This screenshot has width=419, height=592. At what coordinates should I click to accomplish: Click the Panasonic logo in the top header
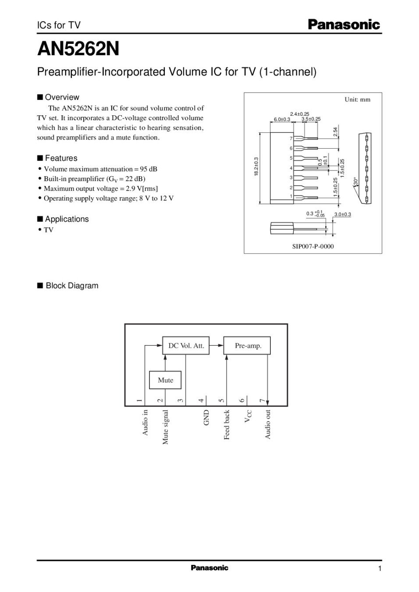[344, 25]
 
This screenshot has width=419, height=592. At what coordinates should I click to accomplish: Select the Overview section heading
[62, 97]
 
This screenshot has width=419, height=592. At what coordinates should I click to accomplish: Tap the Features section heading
[61, 158]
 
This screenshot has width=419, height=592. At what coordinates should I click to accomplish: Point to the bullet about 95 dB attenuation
[100, 169]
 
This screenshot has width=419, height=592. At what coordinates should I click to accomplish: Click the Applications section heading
[67, 219]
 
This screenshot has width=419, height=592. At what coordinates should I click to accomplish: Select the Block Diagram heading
[72, 286]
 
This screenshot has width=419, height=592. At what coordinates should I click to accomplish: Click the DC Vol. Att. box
[186, 346]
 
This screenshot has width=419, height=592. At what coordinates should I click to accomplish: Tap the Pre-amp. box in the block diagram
[248, 346]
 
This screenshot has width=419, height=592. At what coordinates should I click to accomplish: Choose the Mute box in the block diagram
[165, 380]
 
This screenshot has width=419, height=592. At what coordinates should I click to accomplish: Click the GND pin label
[206, 417]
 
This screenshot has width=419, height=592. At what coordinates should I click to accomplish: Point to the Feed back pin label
[227, 424]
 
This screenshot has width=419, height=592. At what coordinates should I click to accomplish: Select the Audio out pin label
[268, 424]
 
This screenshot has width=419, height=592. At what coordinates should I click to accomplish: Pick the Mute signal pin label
[165, 427]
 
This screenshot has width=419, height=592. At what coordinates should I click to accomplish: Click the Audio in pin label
[145, 422]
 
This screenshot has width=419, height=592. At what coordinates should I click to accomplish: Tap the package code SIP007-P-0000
[313, 246]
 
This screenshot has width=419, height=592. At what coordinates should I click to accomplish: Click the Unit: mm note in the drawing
[357, 100]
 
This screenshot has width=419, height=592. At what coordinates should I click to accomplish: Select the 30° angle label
[356, 181]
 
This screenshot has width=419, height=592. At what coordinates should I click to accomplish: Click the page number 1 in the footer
[380, 569]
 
